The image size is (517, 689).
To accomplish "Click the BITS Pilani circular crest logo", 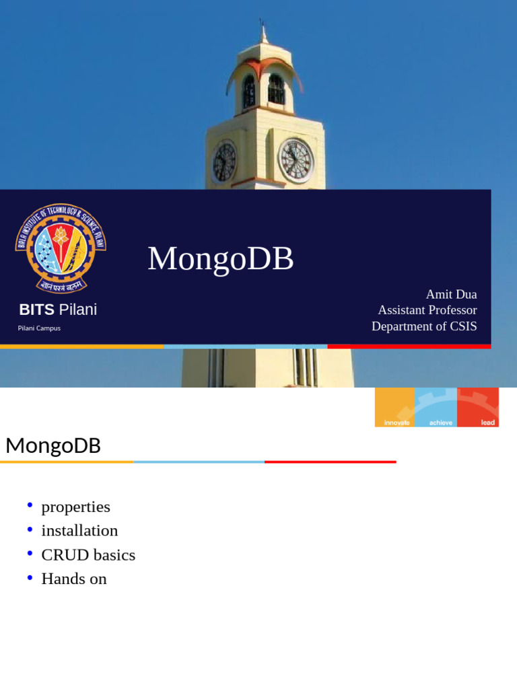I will [x=61, y=248].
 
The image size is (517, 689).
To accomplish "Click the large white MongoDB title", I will [x=221, y=259].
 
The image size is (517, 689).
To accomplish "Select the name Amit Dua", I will [x=451, y=294].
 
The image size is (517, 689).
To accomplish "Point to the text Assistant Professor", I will [x=427, y=310].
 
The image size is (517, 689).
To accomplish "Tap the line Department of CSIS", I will [x=424, y=326].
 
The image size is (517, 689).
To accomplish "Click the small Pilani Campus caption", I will [x=39, y=328].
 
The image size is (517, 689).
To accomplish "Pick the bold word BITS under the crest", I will [x=36, y=310].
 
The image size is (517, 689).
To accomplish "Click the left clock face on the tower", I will [x=224, y=162].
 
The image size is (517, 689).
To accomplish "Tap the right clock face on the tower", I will [x=296, y=160].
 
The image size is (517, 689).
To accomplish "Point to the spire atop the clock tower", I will [x=263, y=32].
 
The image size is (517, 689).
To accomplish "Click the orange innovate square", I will [x=395, y=407].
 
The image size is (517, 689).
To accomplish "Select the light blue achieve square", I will [x=436, y=407].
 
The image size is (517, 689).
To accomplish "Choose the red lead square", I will [x=479, y=407].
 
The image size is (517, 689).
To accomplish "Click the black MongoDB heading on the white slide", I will [x=53, y=445].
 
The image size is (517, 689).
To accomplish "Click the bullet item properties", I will [x=75, y=507].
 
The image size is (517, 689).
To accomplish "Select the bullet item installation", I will [x=79, y=531].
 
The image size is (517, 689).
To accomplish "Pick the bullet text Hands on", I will [x=74, y=579].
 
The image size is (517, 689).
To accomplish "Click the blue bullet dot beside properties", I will [x=30, y=505].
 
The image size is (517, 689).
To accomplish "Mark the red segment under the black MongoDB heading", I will [x=330, y=462].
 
